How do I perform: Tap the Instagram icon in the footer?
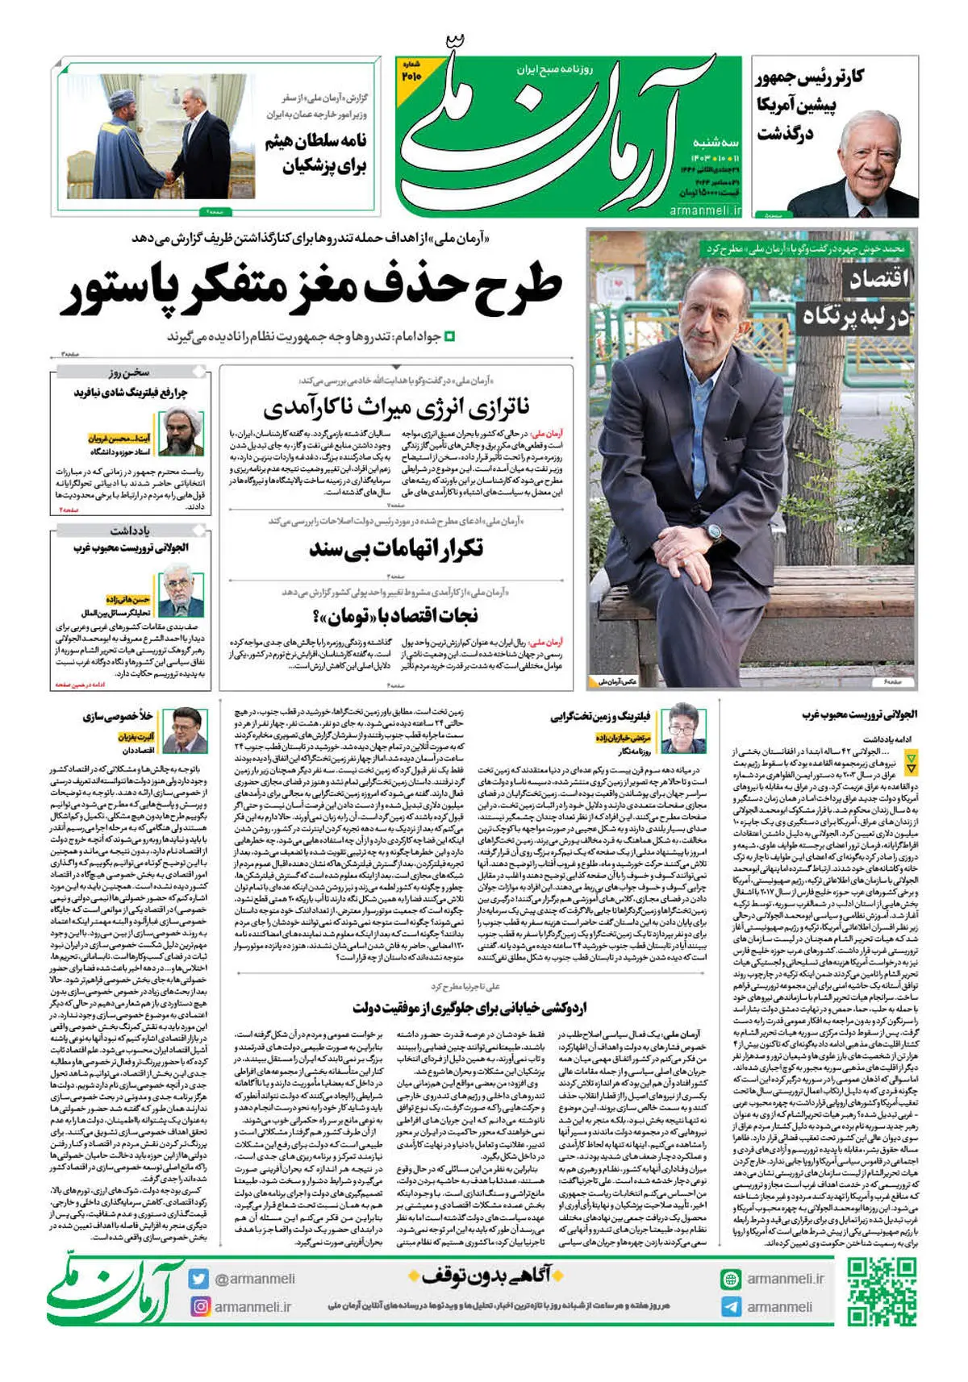(198, 1306)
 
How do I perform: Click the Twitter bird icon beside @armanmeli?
(198, 1279)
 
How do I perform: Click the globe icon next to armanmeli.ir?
(731, 1279)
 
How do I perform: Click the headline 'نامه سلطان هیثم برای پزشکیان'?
(316, 154)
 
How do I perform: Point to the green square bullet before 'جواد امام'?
(451, 336)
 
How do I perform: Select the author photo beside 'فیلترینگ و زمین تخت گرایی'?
(683, 728)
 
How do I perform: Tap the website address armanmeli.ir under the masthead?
(705, 210)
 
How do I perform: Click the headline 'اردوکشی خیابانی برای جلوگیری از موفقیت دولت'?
(469, 1007)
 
